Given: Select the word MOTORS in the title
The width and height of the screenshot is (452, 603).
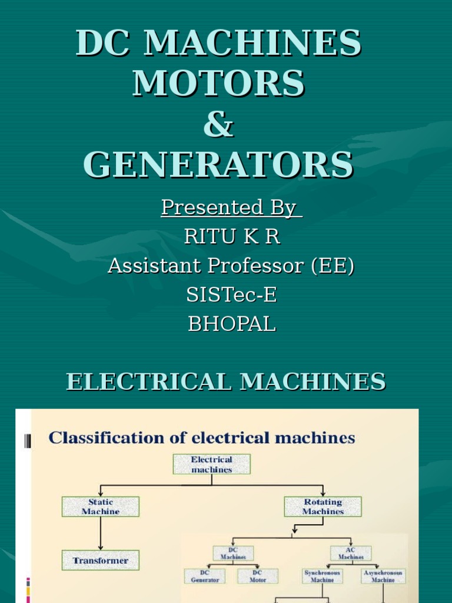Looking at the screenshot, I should coord(219,84).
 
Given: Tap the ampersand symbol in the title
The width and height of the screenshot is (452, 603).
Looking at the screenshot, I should coord(219,125).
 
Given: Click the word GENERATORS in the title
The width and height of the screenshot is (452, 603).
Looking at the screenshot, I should coord(218,165).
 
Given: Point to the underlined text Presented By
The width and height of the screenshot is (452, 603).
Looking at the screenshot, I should coord(231,207).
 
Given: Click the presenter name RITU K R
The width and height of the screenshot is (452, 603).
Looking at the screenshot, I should coord(232,237).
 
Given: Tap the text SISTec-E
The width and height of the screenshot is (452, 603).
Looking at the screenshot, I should coord(231,295).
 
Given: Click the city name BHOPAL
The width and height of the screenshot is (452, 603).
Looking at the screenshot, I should coord(231,324).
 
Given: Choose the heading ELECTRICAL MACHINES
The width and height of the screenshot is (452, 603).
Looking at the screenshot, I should coord(226,382).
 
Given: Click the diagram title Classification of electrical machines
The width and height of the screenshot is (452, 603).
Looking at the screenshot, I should coord(202,438).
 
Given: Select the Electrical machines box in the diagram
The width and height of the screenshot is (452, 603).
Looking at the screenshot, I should coord(212,464).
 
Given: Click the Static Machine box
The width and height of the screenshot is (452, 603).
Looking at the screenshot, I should coord(101,507).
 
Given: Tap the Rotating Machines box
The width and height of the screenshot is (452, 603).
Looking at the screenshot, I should coord(323,507).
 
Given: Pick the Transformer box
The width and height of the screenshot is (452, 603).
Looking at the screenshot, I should coord(101,561).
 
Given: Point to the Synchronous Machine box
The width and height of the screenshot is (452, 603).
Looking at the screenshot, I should coord(323,576).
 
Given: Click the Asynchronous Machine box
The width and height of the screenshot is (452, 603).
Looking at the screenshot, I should coord(383,576).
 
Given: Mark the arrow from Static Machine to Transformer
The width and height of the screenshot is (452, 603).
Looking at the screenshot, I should coord(101,534).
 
